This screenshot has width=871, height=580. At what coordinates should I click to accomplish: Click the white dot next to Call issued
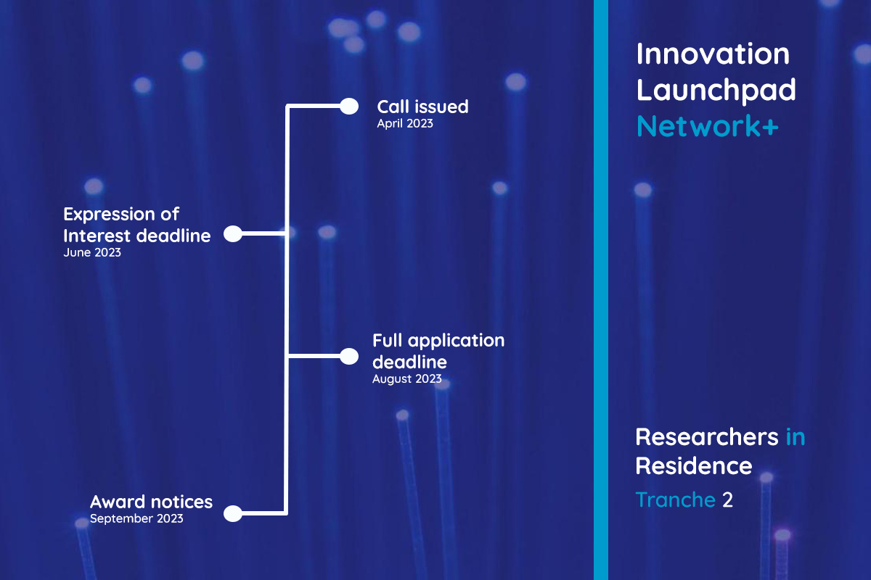pyautogui.click(x=349, y=107)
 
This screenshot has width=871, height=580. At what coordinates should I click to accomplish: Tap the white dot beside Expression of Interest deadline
pyautogui.click(x=232, y=233)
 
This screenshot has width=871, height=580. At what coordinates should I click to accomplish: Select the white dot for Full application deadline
pyautogui.click(x=349, y=356)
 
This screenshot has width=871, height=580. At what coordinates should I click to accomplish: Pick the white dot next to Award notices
pyautogui.click(x=232, y=513)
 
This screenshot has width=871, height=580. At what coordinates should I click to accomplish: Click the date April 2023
pyautogui.click(x=404, y=124)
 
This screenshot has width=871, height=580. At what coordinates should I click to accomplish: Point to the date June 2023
pyautogui.click(x=92, y=254)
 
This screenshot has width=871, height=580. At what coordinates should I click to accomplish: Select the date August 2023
pyautogui.click(x=406, y=378)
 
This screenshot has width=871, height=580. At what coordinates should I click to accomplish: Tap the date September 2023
pyautogui.click(x=136, y=519)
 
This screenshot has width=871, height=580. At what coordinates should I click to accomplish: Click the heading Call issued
pyautogui.click(x=422, y=107)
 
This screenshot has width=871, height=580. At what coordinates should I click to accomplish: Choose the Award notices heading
pyautogui.click(x=151, y=502)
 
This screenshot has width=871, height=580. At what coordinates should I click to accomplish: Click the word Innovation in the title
pyautogui.click(x=713, y=54)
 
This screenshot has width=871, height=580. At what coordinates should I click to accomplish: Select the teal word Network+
pyautogui.click(x=707, y=126)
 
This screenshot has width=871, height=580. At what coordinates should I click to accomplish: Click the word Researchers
pyautogui.click(x=707, y=437)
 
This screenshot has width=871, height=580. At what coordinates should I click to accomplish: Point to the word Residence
pyautogui.click(x=693, y=465)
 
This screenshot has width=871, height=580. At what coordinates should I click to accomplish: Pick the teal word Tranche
pyautogui.click(x=675, y=500)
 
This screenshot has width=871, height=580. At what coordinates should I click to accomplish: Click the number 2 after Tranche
pyautogui.click(x=727, y=500)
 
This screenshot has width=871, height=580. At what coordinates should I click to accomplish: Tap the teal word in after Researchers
pyautogui.click(x=796, y=437)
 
